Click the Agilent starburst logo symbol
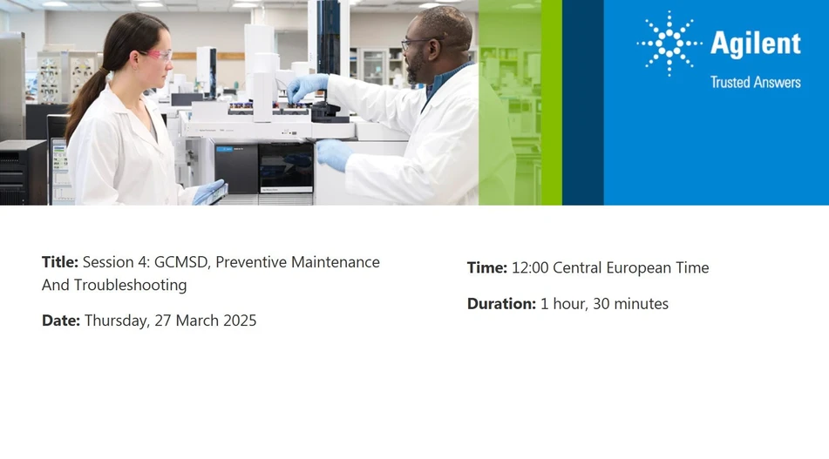tap(669, 43)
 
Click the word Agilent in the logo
tap(755, 44)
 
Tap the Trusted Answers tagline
tap(755, 82)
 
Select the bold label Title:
tap(60, 262)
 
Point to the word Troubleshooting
tap(130, 285)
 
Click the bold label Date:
tap(61, 321)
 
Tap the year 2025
tap(239, 321)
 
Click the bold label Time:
tap(487, 267)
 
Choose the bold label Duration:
tap(501, 304)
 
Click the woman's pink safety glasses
tap(157, 56)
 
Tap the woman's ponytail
tap(84, 96)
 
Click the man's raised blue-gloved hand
tap(307, 86)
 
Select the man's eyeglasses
tap(418, 43)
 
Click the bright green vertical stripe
tap(551, 103)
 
